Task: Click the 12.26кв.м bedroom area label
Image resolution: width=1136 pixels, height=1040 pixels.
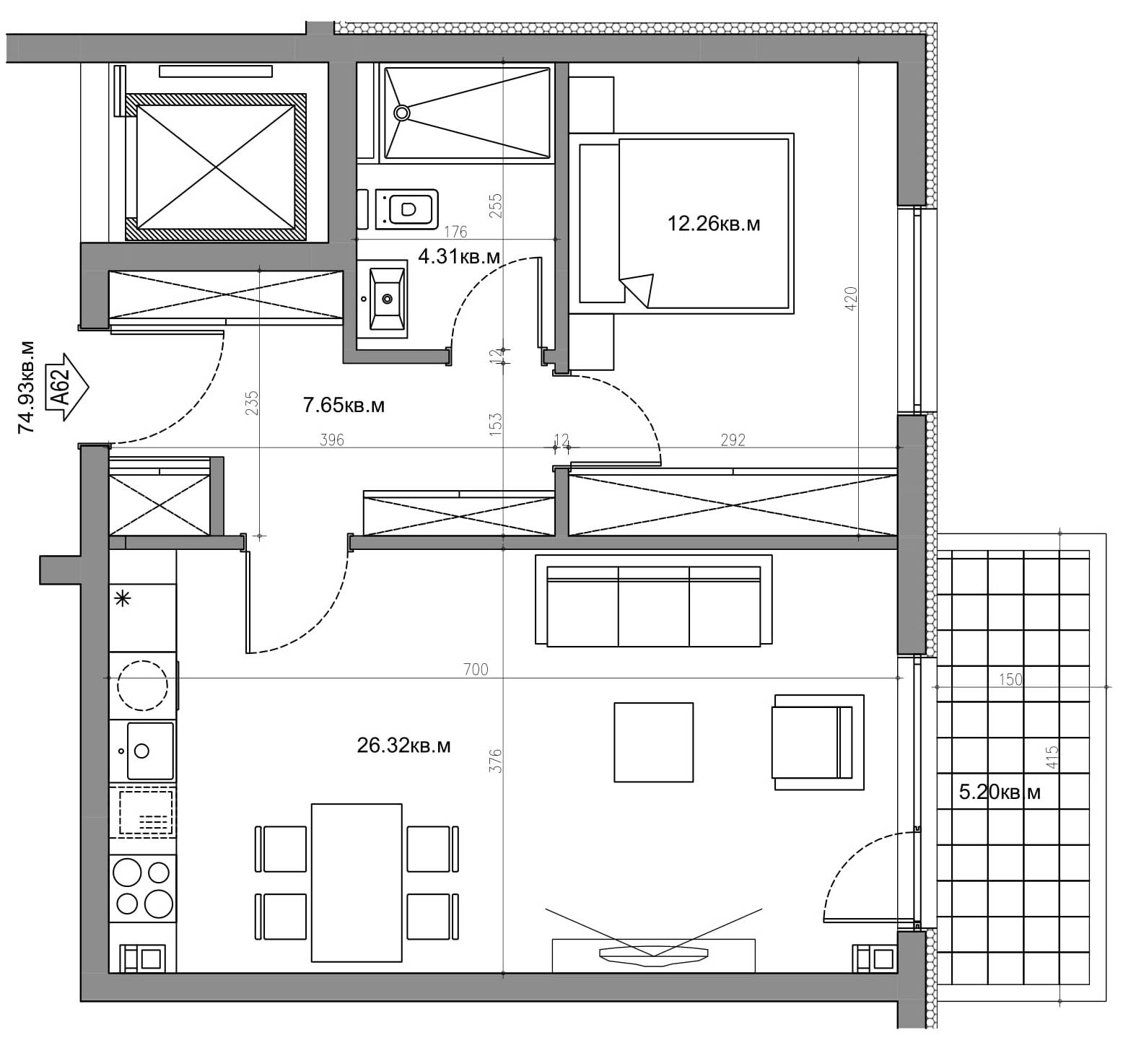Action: pos(713,224)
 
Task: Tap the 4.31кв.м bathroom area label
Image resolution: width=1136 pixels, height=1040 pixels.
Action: pos(459,256)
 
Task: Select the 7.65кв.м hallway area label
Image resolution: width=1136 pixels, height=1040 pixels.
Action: pos(344,406)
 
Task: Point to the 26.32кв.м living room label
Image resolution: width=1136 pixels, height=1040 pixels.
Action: pos(403,746)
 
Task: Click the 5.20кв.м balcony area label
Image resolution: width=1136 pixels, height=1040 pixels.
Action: pos(1000,792)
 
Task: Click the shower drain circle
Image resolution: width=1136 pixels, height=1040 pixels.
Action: pos(402,113)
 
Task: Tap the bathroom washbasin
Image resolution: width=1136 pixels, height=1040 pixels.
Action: pos(387,299)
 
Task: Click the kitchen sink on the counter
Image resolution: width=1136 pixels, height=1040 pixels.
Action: pos(149,751)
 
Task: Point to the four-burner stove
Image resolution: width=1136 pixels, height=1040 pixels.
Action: pos(143,888)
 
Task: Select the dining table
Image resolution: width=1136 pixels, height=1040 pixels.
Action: pos(357,882)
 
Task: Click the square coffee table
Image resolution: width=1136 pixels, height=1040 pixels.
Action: pos(653,742)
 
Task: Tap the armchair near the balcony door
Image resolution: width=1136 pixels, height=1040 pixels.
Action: pos(818,742)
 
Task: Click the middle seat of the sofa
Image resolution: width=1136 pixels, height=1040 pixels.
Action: pos(654,606)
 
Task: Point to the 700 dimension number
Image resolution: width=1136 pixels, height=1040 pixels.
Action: pos(476,670)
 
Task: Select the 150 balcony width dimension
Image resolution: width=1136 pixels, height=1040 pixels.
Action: pos(1010,679)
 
